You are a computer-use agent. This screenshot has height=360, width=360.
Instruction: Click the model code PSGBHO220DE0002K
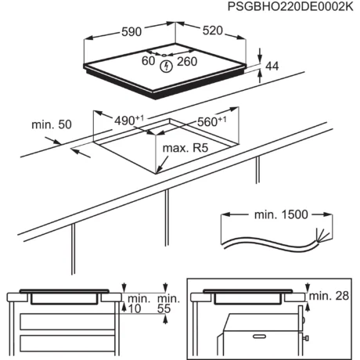[x=290, y=6]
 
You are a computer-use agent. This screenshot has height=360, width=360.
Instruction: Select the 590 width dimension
[x=131, y=32]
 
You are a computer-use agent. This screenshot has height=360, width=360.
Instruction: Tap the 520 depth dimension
[x=213, y=31]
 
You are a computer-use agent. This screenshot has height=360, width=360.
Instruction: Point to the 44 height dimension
[x=272, y=67]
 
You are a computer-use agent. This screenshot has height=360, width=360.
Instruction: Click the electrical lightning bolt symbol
[x=166, y=67]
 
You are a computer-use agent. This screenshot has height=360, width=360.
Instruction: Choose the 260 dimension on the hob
[x=187, y=62]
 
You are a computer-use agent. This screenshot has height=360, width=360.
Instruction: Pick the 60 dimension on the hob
[x=148, y=61]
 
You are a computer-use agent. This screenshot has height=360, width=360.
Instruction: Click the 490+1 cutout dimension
[x=129, y=121]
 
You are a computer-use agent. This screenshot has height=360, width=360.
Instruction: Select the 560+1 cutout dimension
[x=211, y=121]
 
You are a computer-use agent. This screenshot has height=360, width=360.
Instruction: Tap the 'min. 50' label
[x=52, y=124]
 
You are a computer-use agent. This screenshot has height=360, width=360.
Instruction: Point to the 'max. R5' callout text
[x=185, y=148]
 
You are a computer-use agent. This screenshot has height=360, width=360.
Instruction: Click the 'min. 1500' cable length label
[x=281, y=214]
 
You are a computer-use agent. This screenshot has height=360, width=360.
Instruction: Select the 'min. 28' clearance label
[x=329, y=296]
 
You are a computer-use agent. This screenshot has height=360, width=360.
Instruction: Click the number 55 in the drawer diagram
[x=164, y=309]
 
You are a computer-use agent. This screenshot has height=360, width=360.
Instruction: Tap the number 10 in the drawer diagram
[x=135, y=309]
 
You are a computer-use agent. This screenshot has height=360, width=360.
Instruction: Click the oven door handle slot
[x=259, y=337]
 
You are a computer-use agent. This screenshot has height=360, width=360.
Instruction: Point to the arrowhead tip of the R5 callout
[x=156, y=173]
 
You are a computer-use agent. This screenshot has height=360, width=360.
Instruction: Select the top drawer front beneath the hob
[x=67, y=322]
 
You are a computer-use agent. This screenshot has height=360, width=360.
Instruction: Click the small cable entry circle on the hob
[x=164, y=55]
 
